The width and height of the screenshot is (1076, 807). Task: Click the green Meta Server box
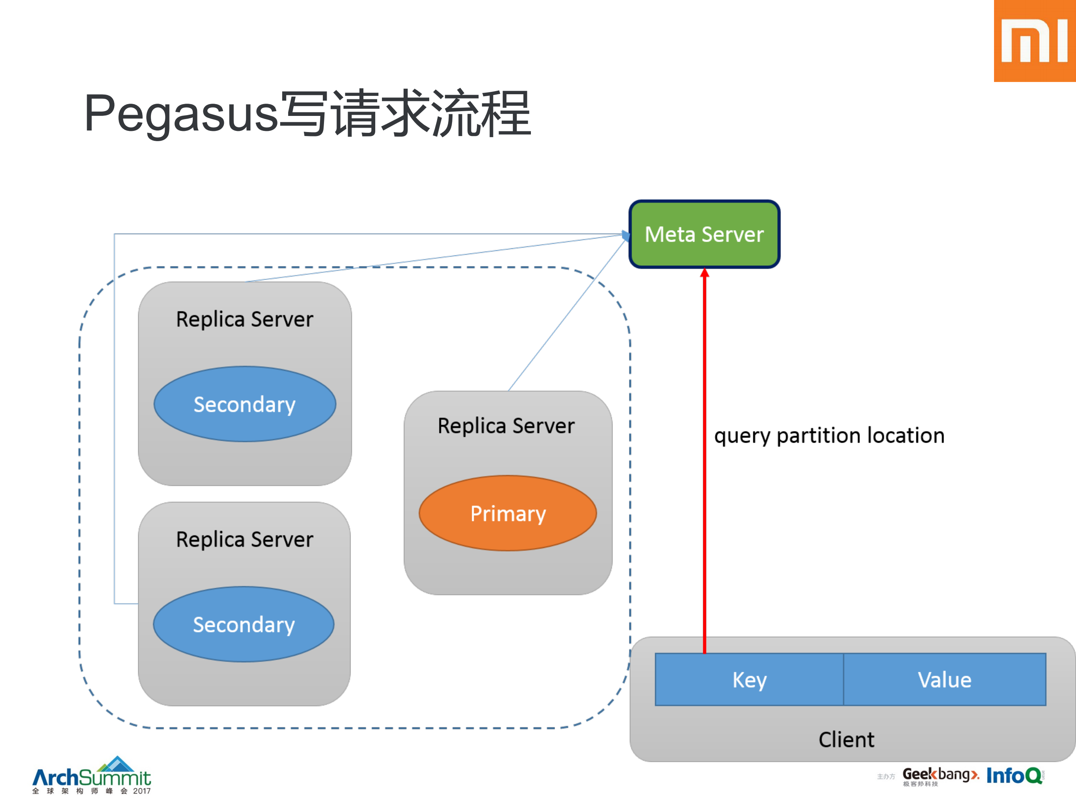[704, 234]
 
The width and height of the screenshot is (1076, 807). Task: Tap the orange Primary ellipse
[508, 513]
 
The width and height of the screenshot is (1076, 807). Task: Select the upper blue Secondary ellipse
[245, 404]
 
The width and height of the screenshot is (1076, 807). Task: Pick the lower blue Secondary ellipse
[244, 624]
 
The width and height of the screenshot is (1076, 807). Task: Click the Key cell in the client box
[749, 680]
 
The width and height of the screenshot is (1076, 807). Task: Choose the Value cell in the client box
[944, 680]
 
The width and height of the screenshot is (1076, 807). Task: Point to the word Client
[846, 739]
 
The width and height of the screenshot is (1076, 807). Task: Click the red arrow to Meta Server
[704, 462]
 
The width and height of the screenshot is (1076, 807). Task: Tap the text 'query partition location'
[829, 435]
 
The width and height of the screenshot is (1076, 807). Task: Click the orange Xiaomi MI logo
[1034, 41]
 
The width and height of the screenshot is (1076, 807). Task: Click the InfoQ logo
[1015, 775]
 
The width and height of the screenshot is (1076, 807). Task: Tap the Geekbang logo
[939, 775]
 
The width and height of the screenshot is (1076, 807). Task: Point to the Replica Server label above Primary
[506, 426]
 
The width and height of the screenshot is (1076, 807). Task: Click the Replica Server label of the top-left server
[245, 319]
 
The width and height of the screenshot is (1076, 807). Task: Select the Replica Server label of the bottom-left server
[245, 539]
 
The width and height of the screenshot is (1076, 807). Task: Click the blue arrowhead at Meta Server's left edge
[626, 236]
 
